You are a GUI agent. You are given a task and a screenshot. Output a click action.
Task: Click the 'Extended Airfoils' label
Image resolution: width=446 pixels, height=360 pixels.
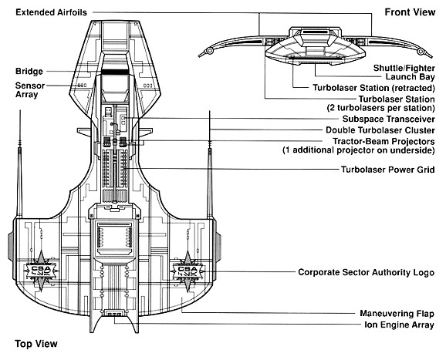click(x=51, y=12)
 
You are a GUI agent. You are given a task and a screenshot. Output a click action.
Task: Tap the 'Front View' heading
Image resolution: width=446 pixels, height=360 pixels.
click(x=410, y=12)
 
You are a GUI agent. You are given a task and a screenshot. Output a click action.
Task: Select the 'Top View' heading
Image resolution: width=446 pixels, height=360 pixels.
click(x=36, y=344)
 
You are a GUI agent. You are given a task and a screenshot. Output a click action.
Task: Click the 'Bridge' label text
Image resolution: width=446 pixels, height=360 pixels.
click(x=29, y=72)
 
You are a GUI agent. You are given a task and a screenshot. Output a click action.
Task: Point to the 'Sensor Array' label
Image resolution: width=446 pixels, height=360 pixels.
click(x=30, y=89)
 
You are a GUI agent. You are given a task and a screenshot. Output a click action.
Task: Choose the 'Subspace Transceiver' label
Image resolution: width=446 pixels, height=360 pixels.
click(x=389, y=119)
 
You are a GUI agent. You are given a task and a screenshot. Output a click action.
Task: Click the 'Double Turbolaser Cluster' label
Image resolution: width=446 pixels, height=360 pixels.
click(x=380, y=130)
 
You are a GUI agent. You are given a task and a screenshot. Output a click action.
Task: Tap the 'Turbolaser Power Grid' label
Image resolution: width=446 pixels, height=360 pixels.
click(x=388, y=170)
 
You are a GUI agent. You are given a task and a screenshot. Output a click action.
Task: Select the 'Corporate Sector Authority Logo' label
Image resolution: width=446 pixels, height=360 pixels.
click(x=367, y=272)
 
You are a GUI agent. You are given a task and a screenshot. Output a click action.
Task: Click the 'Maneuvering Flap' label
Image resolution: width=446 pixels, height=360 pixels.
click(x=397, y=314)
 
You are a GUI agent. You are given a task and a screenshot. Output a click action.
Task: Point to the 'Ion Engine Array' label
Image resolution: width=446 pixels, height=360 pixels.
click(x=400, y=325)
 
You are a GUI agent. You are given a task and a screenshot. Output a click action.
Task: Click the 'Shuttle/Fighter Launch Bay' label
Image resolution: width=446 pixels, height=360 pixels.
click(x=404, y=72)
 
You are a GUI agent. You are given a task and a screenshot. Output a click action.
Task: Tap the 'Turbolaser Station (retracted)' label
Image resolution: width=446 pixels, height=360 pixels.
click(x=374, y=88)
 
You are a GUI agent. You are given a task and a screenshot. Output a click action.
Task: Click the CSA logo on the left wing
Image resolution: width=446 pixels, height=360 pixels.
click(x=41, y=271)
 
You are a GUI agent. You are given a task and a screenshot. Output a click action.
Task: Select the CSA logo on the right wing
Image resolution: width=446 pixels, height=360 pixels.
click(x=188, y=271)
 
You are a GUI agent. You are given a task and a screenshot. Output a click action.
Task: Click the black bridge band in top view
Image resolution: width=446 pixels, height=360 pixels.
click(x=114, y=72)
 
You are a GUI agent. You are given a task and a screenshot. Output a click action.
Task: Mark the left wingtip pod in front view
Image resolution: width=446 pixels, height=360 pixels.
click(x=209, y=51)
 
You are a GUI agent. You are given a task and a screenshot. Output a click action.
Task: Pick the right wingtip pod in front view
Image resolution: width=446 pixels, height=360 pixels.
click(x=421, y=52)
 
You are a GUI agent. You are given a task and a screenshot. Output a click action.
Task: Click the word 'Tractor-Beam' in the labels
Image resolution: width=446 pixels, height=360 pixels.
click(x=358, y=141)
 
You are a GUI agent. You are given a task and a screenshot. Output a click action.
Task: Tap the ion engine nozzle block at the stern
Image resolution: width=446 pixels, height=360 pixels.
click(x=114, y=313)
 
